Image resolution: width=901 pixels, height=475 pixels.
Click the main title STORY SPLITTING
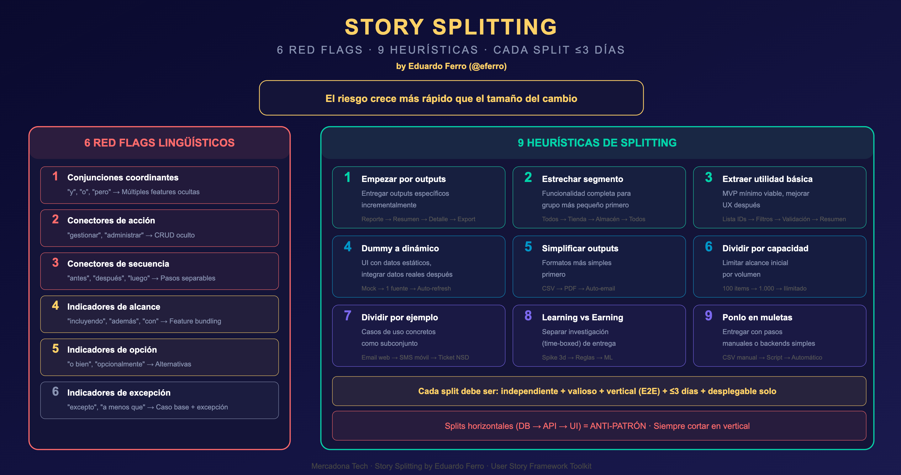tap(451, 27)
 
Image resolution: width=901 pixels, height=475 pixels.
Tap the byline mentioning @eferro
tap(451, 66)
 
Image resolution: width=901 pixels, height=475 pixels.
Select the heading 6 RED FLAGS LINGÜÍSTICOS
tap(159, 143)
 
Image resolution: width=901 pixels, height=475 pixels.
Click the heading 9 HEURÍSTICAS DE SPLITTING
tap(597, 143)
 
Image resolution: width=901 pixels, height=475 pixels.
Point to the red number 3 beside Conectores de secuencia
tap(55, 263)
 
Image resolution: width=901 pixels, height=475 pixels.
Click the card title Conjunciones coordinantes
tap(123, 178)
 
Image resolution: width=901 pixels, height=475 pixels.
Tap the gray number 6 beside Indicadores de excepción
tap(55, 391)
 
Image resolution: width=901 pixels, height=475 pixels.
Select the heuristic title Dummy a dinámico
tap(400, 248)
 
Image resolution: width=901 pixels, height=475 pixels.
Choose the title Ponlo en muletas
tap(757, 317)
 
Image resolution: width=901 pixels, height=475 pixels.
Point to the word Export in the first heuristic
tap(466, 219)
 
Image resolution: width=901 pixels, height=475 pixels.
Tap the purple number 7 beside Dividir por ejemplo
tap(347, 316)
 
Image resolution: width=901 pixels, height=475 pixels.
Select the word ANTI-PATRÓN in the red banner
tap(618, 426)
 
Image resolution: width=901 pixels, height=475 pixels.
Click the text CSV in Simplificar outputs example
tap(548, 288)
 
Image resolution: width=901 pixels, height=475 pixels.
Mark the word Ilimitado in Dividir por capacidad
tap(795, 288)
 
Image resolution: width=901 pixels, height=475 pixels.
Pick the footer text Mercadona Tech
tap(339, 466)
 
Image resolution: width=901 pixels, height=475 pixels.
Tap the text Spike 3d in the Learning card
tap(553, 357)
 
